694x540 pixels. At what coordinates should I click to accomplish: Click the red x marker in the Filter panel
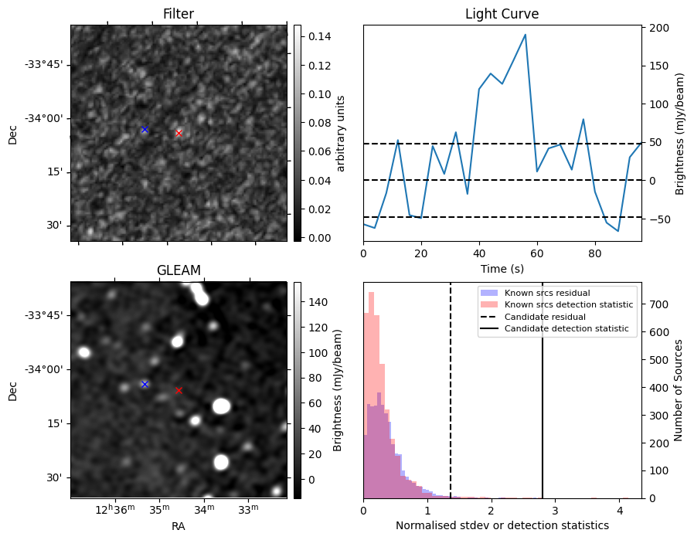179,133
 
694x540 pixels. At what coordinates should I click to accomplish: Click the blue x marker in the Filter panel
145,129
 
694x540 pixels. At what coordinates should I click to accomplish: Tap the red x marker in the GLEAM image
179,390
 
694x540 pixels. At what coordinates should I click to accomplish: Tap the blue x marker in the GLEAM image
145,384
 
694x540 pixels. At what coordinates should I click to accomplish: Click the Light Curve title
502,14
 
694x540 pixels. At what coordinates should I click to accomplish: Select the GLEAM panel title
179,270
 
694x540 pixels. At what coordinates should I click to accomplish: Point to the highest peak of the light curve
526,35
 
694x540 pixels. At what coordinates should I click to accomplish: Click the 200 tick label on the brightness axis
658,28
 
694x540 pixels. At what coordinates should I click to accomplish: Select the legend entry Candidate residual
544,318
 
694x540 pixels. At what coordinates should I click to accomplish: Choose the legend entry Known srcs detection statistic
568,305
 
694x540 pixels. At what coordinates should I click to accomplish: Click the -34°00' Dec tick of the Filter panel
46,118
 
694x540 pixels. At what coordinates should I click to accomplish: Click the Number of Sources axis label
679,390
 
